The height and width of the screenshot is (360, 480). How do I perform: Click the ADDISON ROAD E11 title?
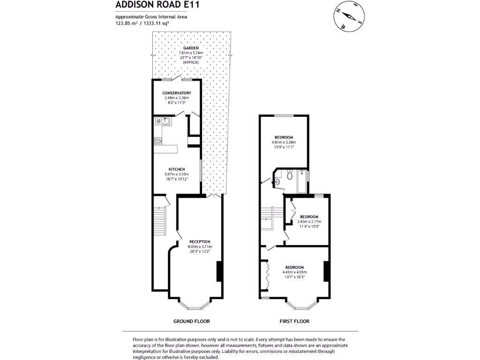[157, 5]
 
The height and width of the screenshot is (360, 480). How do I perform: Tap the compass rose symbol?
[349, 16]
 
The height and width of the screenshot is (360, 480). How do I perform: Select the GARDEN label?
[191, 48]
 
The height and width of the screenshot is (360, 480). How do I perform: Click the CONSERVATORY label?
[177, 93]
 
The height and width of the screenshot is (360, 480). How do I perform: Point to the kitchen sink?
[163, 121]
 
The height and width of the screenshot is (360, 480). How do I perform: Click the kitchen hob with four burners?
[158, 141]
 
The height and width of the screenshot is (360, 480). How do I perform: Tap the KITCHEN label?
[177, 169]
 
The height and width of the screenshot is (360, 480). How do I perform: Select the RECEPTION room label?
[200, 242]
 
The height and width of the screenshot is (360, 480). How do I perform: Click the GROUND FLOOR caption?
[192, 321]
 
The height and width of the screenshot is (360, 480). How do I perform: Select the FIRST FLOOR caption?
[294, 321]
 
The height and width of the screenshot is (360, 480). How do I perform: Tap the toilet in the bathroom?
[290, 174]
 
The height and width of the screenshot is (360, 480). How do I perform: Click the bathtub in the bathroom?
[302, 181]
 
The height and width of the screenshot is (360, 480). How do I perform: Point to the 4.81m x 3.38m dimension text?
[284, 142]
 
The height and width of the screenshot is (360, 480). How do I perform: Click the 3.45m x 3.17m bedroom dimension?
[309, 222]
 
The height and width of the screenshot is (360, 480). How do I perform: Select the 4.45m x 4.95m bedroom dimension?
[294, 272]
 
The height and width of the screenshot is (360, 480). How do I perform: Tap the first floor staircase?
[271, 218]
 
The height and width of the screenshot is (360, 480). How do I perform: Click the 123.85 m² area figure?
[126, 23]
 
